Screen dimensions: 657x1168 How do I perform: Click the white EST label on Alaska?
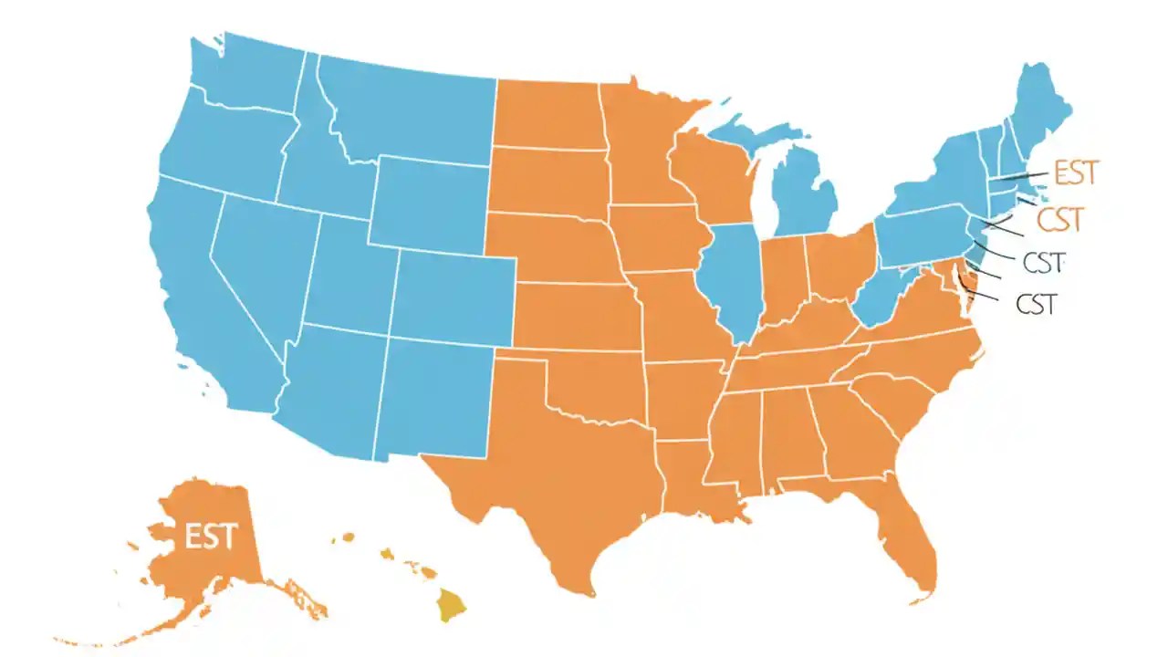point(211,536)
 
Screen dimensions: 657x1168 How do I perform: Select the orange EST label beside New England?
point(1076,172)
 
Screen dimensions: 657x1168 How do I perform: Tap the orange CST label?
point(1060,219)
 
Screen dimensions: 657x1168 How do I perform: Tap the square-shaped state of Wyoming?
point(429,201)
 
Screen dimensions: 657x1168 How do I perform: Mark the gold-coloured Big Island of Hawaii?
point(450,605)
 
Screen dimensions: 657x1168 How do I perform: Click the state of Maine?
point(1040,109)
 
